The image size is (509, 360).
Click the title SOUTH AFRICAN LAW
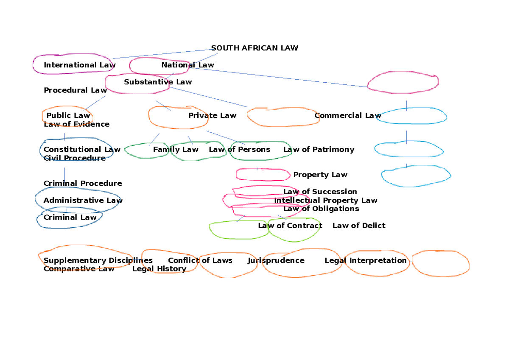click(x=255, y=48)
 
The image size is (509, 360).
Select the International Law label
click(x=79, y=65)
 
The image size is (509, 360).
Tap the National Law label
click(x=187, y=65)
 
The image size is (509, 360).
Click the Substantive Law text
click(x=158, y=82)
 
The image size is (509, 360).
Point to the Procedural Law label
click(x=75, y=90)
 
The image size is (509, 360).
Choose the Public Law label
click(x=68, y=115)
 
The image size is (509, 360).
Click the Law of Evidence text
click(x=76, y=124)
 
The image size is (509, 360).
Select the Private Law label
click(x=212, y=115)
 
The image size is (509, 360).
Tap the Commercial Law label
click(x=347, y=115)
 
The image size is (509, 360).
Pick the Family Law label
click(x=176, y=149)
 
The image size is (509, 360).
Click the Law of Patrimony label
click(x=319, y=149)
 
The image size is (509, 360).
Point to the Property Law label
click(x=320, y=175)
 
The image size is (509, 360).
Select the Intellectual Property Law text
click(x=325, y=200)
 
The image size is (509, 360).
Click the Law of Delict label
click(x=359, y=226)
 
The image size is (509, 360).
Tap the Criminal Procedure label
click(x=83, y=183)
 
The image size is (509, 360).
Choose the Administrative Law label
click(x=83, y=200)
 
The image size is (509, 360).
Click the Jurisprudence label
click(x=276, y=260)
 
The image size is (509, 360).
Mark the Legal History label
click(x=159, y=269)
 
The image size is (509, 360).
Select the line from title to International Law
click(x=161, y=54)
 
